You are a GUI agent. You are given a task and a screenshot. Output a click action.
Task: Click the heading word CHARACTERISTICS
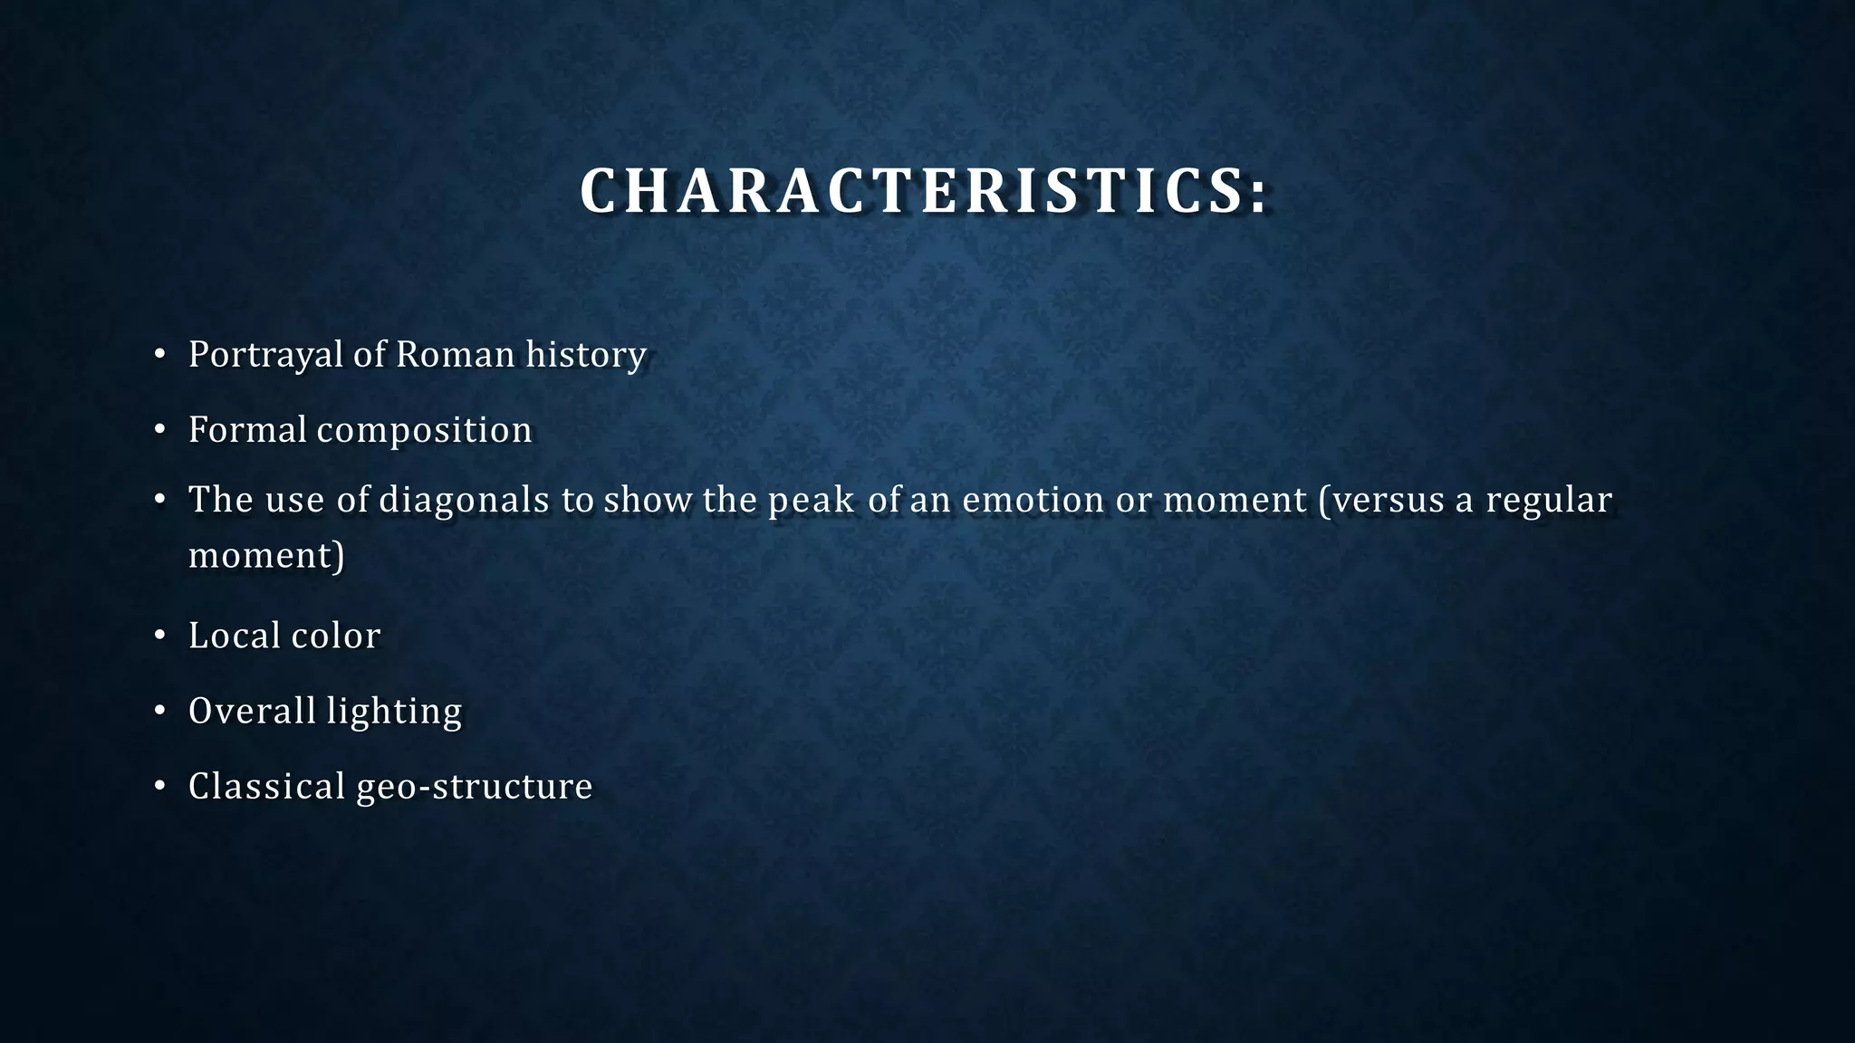910,192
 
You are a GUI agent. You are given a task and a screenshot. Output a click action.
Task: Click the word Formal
247,430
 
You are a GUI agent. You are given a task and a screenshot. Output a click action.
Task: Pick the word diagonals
464,501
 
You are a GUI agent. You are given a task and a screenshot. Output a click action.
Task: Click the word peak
811,501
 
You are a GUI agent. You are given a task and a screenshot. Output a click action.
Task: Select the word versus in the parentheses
1382,501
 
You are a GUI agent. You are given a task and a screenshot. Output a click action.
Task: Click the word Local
235,636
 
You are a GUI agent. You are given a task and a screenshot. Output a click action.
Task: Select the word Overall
252,711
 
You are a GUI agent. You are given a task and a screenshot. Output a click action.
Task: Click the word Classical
266,786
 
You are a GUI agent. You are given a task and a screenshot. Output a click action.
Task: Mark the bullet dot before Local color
159,636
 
